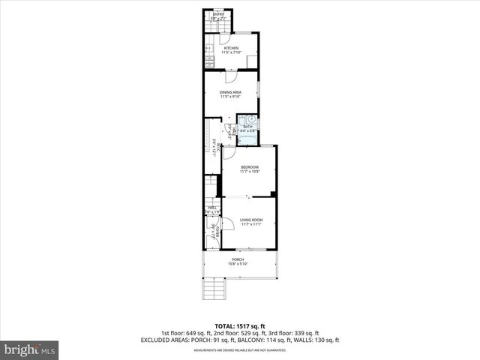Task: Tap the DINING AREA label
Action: tap(230, 92)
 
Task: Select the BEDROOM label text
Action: tap(249, 166)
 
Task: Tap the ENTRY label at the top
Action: tap(218, 14)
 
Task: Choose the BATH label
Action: tap(247, 127)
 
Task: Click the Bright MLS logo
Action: tap(30, 349)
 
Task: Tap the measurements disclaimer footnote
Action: tap(240, 350)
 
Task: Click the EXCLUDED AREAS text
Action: tap(165, 340)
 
